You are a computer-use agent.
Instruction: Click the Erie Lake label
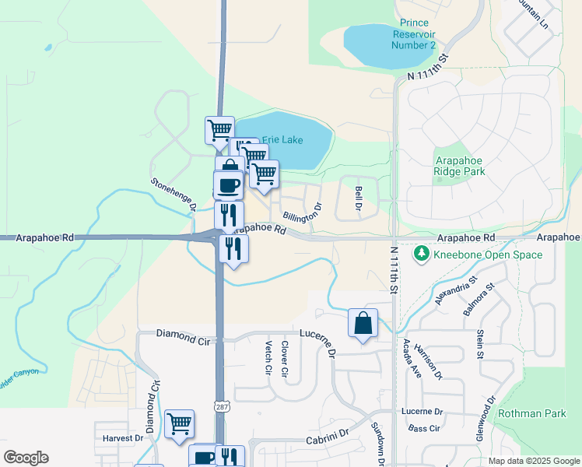tap(281, 140)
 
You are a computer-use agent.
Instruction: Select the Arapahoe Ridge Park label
tap(459, 165)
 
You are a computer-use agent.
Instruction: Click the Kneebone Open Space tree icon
tap(421, 253)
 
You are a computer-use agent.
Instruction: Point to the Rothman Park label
tap(532, 413)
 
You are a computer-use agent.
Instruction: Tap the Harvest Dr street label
tap(123, 438)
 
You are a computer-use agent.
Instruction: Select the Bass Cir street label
tap(425, 428)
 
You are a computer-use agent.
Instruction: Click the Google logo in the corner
tap(26, 458)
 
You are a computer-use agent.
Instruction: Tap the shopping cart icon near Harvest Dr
tap(179, 424)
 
